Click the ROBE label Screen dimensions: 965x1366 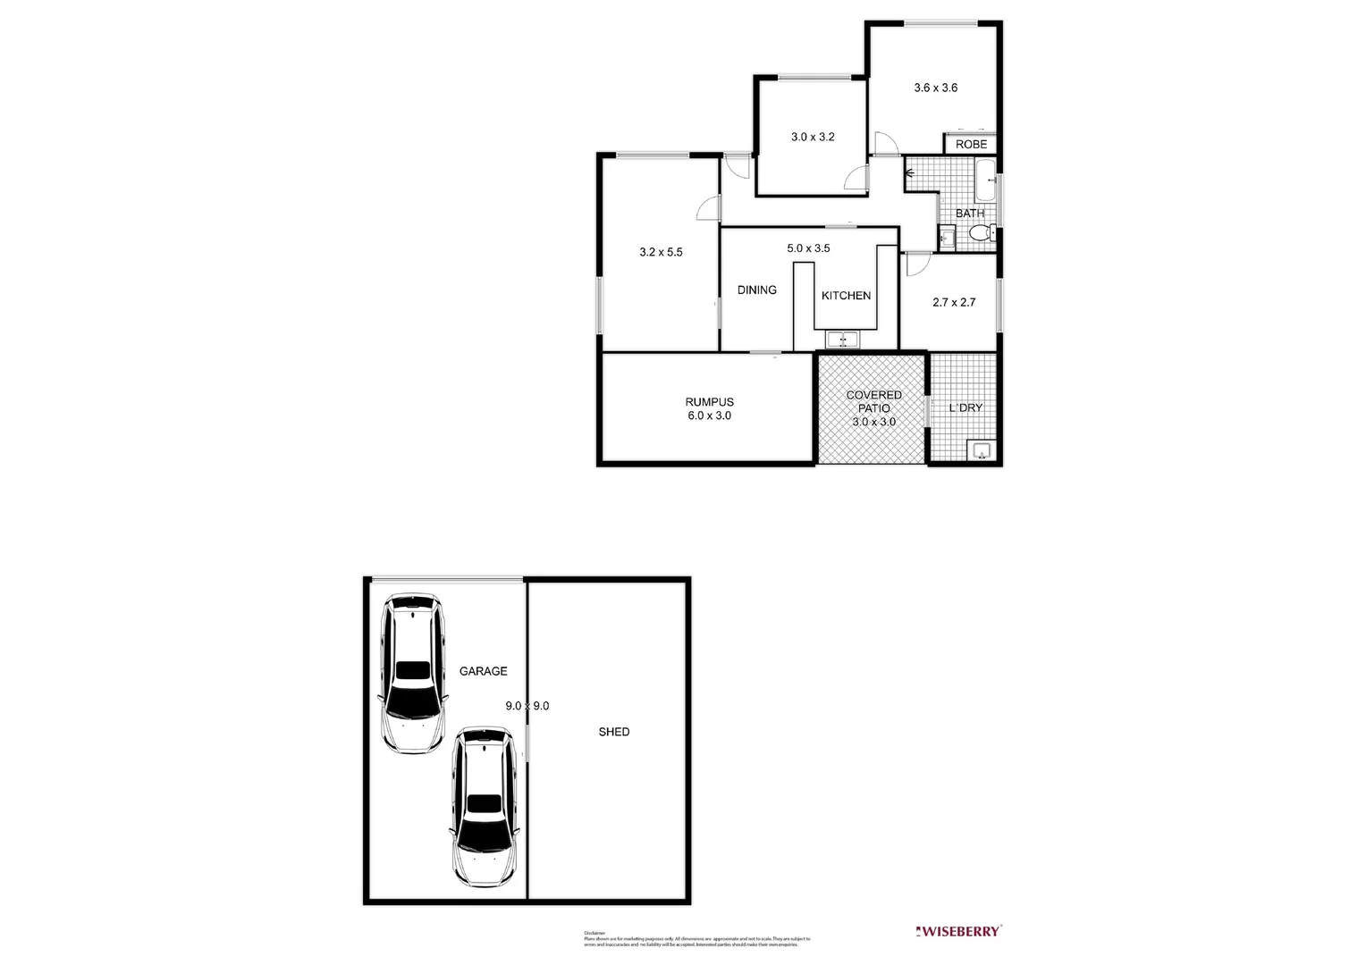coord(971,145)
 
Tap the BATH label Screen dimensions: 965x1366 coord(969,214)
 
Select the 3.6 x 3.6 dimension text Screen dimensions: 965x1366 coord(935,88)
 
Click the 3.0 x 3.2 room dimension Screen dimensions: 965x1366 coord(812,138)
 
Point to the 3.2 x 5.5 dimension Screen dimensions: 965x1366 coord(661,252)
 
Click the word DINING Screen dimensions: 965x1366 coord(756,289)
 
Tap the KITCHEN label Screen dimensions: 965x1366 coord(846,296)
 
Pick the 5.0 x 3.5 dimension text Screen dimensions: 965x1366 coord(808,248)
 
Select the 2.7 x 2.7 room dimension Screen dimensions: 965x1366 coord(954,302)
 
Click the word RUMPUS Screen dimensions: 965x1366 coord(709,402)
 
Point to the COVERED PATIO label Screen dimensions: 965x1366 coord(873,401)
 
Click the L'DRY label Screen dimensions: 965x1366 coord(965,407)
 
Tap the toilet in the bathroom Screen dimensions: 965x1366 coord(980,234)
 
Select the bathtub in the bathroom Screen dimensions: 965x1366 coord(984,180)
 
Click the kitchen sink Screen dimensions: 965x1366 coord(842,340)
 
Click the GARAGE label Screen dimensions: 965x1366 coord(483,671)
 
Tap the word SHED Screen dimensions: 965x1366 coord(613,732)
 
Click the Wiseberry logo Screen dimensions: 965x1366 coord(959,931)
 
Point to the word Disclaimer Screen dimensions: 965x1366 coord(594,933)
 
